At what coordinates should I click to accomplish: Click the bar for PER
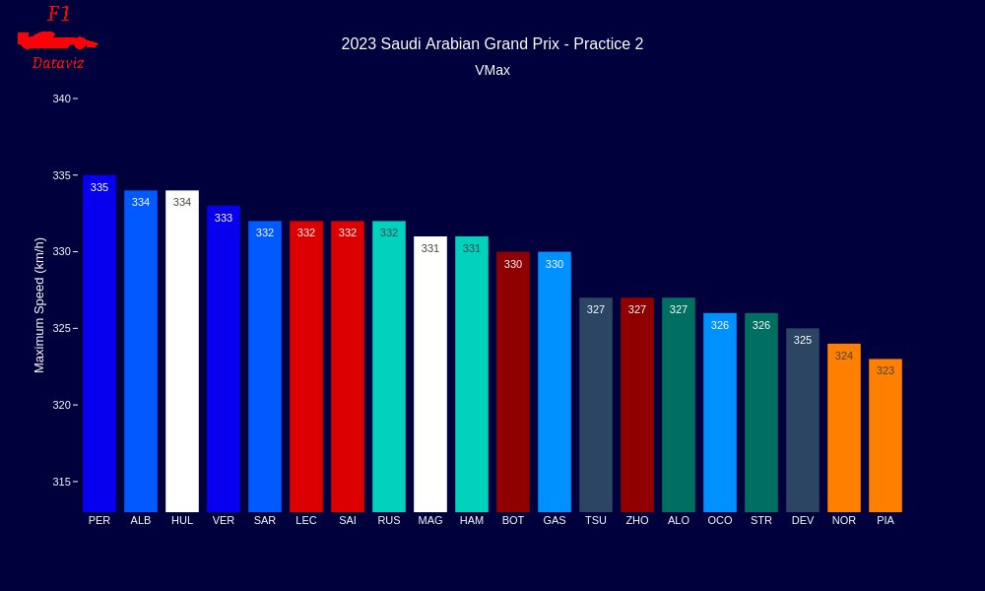point(99,345)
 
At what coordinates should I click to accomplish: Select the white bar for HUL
point(182,355)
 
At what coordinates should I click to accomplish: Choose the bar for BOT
point(513,384)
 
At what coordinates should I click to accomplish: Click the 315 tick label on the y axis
point(62,482)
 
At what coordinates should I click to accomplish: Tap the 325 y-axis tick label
point(62,328)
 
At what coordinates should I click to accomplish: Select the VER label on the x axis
point(224,520)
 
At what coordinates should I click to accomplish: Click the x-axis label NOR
point(844,520)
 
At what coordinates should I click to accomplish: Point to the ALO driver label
point(679,520)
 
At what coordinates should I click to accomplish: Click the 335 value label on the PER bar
point(99,187)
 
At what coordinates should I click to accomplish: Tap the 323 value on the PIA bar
point(886,371)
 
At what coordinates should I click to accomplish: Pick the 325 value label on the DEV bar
point(803,340)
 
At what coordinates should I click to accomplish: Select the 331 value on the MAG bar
point(430,248)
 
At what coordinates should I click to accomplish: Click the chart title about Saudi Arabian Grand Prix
point(492,44)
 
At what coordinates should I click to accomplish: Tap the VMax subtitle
point(492,71)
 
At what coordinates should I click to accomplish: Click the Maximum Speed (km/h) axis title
point(39,305)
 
